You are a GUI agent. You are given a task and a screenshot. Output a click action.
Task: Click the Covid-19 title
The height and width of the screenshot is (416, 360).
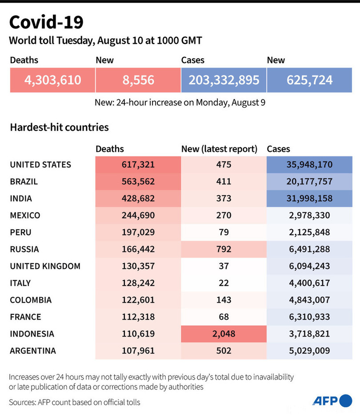(x=46, y=22)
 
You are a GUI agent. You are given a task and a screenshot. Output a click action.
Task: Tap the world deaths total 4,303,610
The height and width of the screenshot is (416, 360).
(x=53, y=80)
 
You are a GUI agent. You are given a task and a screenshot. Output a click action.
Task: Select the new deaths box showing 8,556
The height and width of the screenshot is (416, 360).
(x=138, y=80)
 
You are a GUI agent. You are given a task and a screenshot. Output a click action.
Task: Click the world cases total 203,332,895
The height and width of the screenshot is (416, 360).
(x=224, y=80)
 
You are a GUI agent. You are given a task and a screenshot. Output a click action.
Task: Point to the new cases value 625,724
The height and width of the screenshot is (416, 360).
(x=309, y=80)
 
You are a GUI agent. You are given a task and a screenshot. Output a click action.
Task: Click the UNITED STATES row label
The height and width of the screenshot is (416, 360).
(x=40, y=165)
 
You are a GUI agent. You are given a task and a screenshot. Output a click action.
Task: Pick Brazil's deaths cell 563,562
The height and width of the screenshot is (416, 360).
(x=138, y=182)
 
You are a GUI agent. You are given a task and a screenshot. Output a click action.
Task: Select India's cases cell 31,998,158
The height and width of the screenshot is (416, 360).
(x=309, y=198)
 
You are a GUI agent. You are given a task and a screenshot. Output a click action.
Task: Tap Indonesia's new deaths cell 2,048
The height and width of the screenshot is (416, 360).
(x=224, y=334)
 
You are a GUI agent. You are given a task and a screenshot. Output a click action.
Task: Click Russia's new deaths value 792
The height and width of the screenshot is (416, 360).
(x=224, y=249)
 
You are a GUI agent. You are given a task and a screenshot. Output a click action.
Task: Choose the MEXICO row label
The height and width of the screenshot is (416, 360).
(x=25, y=215)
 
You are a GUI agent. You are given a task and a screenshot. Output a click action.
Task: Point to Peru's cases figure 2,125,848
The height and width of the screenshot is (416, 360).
(x=309, y=232)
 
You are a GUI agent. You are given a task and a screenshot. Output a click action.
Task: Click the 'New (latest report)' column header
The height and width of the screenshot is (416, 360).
(x=220, y=149)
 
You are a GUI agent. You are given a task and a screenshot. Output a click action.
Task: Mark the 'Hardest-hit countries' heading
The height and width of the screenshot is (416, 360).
(x=59, y=127)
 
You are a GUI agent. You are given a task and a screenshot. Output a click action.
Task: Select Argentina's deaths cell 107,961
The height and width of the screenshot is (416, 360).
(x=138, y=351)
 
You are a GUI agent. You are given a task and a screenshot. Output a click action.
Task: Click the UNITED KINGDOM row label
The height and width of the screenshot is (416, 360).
(x=45, y=266)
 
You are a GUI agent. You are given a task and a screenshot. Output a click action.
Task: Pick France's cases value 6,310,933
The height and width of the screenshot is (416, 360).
(x=309, y=317)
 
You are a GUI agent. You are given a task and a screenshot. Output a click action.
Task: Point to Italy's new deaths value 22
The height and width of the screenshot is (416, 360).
(x=224, y=283)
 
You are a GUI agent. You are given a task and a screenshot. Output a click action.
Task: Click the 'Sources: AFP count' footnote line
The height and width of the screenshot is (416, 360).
(x=75, y=402)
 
